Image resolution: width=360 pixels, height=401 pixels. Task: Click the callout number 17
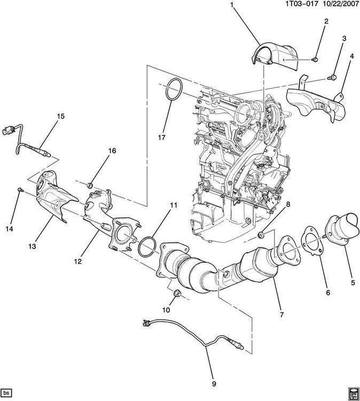pos(161,137)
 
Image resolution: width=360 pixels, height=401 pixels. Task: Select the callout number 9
pos(214,383)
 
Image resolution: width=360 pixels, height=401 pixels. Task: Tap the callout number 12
pos(78,261)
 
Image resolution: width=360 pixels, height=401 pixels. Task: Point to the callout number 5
pos(353,282)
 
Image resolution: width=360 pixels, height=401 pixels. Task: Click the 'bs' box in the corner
pos(7,392)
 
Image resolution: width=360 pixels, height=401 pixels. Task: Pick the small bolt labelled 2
pos(316,59)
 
